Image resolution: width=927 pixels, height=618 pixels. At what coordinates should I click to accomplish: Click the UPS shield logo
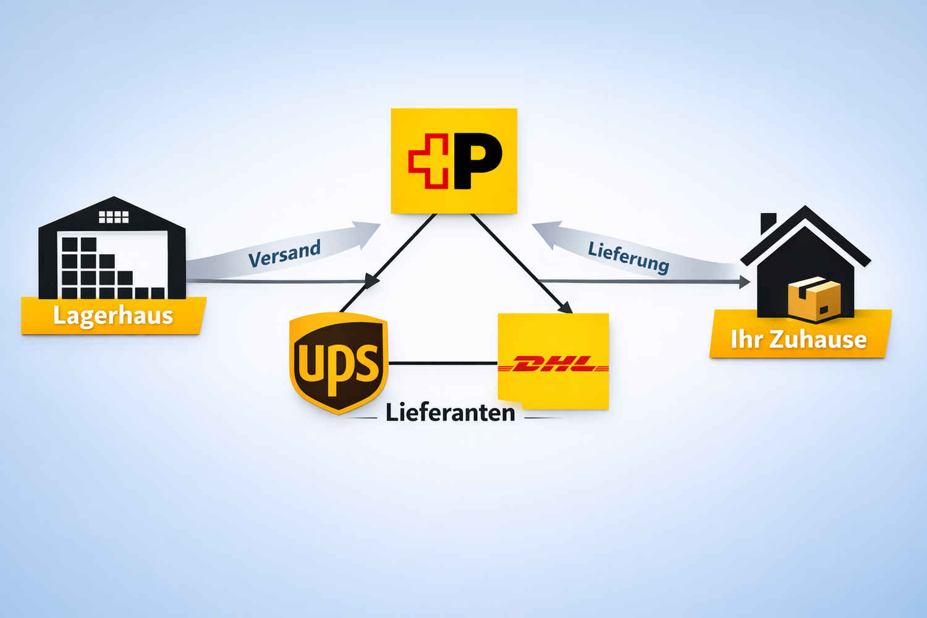click(338, 363)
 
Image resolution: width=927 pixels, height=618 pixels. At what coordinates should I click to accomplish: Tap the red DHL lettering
click(554, 365)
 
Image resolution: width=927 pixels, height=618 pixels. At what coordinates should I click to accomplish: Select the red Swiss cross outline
click(428, 161)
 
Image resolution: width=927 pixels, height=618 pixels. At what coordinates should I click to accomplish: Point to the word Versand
click(284, 253)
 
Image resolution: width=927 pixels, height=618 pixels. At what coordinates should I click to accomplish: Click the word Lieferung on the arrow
click(628, 256)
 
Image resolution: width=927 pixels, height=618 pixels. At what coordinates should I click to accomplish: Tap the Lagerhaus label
click(113, 316)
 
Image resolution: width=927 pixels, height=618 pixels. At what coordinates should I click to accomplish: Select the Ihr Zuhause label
click(798, 339)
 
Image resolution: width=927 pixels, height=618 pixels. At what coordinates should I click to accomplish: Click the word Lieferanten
click(450, 413)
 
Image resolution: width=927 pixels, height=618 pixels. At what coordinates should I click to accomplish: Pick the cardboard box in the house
click(815, 298)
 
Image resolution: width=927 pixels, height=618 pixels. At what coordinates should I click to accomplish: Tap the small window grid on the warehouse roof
click(114, 217)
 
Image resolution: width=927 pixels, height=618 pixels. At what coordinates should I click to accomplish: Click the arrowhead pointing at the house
click(744, 282)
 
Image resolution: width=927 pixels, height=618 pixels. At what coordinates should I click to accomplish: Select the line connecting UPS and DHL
click(442, 363)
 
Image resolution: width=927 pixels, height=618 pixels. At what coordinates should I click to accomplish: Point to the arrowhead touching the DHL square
click(564, 307)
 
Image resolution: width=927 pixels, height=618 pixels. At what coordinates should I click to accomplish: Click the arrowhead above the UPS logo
click(372, 281)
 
